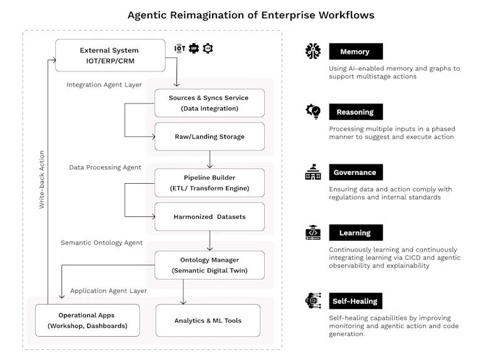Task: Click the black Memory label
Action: click(356, 51)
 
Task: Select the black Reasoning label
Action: click(356, 112)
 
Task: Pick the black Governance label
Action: click(356, 172)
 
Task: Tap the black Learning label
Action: click(356, 233)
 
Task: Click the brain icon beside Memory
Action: click(313, 51)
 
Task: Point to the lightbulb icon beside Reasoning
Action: click(313, 112)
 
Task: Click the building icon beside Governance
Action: click(313, 172)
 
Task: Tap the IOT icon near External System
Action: click(179, 48)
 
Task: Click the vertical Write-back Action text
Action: click(41, 179)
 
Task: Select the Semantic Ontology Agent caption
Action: click(102, 243)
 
